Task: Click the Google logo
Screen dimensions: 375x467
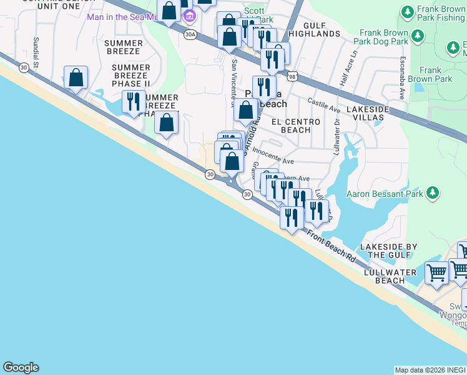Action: (x=21, y=367)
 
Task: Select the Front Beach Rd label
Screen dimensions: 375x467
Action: (x=331, y=244)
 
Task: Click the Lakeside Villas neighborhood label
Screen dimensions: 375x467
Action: (x=368, y=113)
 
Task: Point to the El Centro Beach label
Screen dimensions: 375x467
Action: (x=296, y=126)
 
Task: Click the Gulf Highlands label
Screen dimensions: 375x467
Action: (x=315, y=29)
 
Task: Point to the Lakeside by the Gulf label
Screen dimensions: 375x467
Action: (x=388, y=251)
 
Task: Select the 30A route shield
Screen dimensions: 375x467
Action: (x=190, y=35)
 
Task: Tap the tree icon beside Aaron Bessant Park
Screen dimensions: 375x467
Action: (x=431, y=193)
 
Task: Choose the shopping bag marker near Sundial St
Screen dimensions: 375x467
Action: (x=76, y=78)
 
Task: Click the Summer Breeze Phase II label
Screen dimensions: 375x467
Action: (x=130, y=76)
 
